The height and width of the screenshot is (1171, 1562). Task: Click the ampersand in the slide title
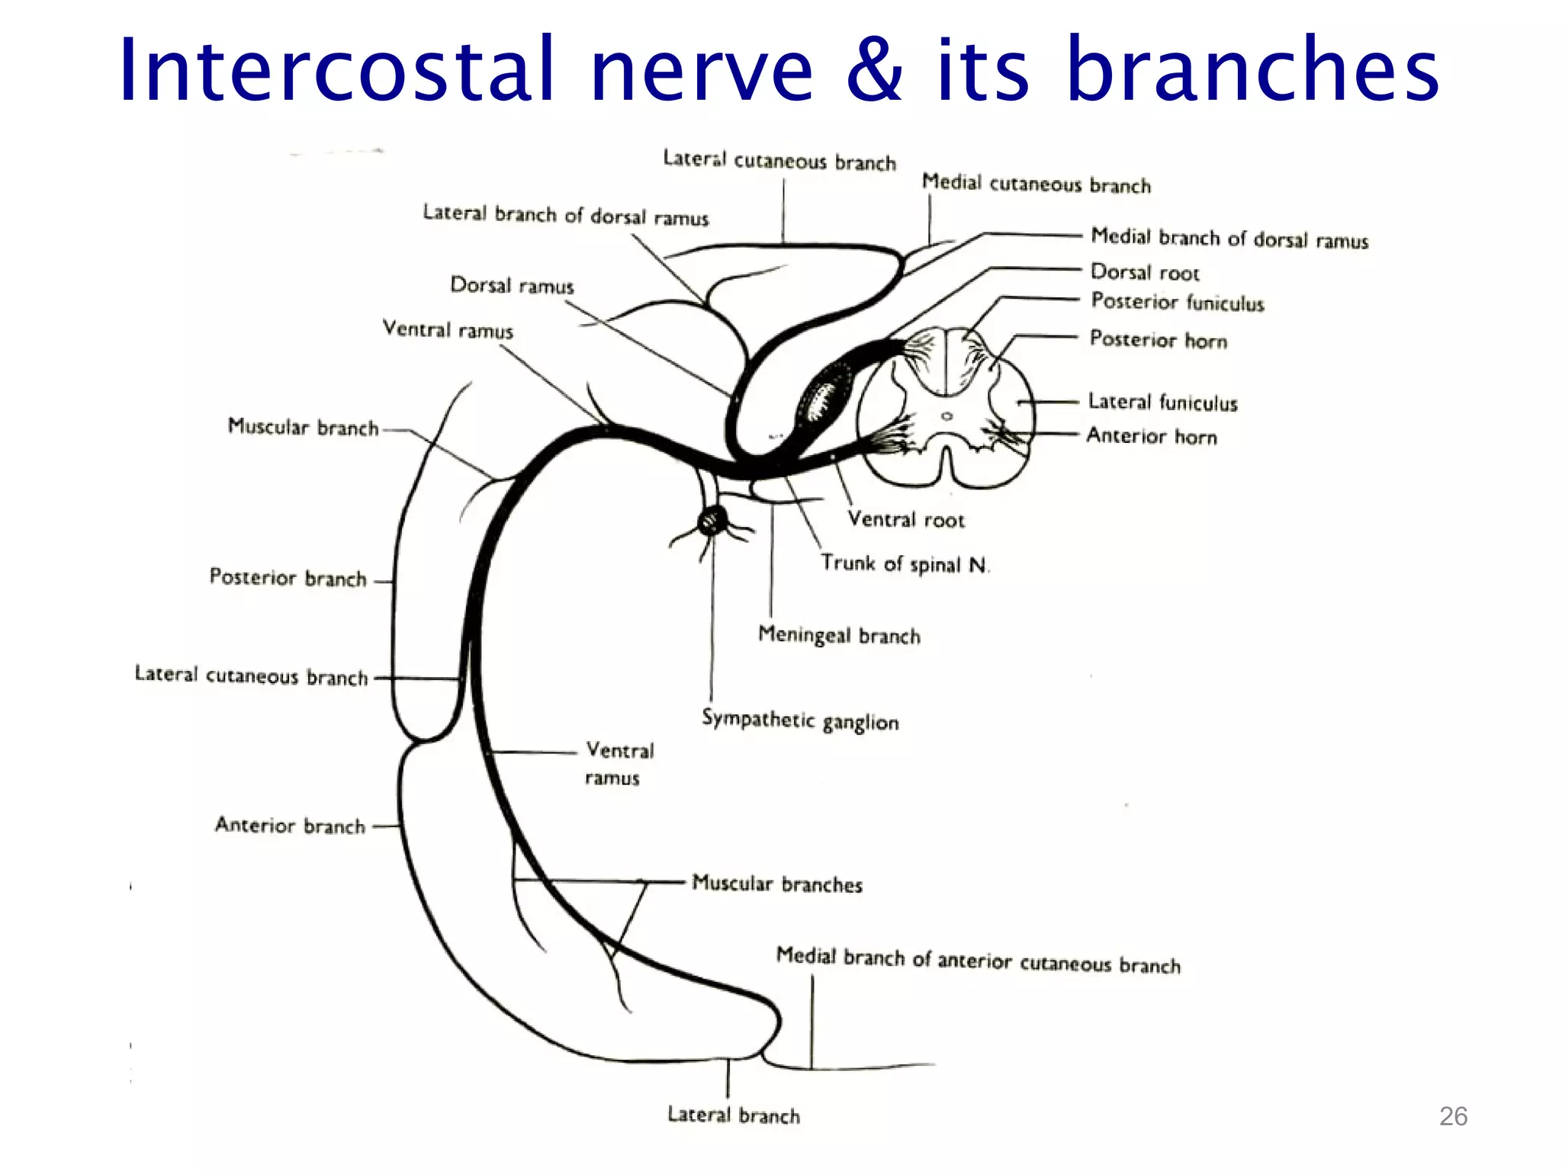tap(875, 70)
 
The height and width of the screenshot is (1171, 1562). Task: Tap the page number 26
tap(1453, 1116)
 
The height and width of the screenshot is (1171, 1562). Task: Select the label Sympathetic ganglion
tap(800, 720)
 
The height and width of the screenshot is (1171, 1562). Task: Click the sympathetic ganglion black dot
tap(712, 522)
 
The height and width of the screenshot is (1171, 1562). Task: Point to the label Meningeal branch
tap(839, 635)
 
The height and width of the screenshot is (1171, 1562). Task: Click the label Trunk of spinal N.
tap(905, 564)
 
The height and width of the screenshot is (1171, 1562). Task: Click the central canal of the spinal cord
tap(947, 416)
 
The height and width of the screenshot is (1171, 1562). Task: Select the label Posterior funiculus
tap(1177, 302)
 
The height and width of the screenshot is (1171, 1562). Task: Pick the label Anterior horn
tap(1152, 436)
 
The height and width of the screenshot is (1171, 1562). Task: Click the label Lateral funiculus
tap(1162, 402)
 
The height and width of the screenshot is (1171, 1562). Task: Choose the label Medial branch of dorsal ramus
tap(1229, 238)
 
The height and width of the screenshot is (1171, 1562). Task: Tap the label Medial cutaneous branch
tap(1036, 184)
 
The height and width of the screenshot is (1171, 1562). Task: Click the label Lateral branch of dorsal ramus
tap(565, 216)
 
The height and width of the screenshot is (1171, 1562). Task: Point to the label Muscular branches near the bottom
tap(776, 884)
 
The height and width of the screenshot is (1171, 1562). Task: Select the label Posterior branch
tap(288, 578)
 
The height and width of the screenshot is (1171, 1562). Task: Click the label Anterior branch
tap(290, 826)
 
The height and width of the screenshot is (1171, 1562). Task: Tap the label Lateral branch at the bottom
tap(734, 1115)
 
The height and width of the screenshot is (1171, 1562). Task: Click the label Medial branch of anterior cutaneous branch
tap(978, 961)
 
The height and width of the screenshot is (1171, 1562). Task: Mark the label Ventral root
tap(906, 520)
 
